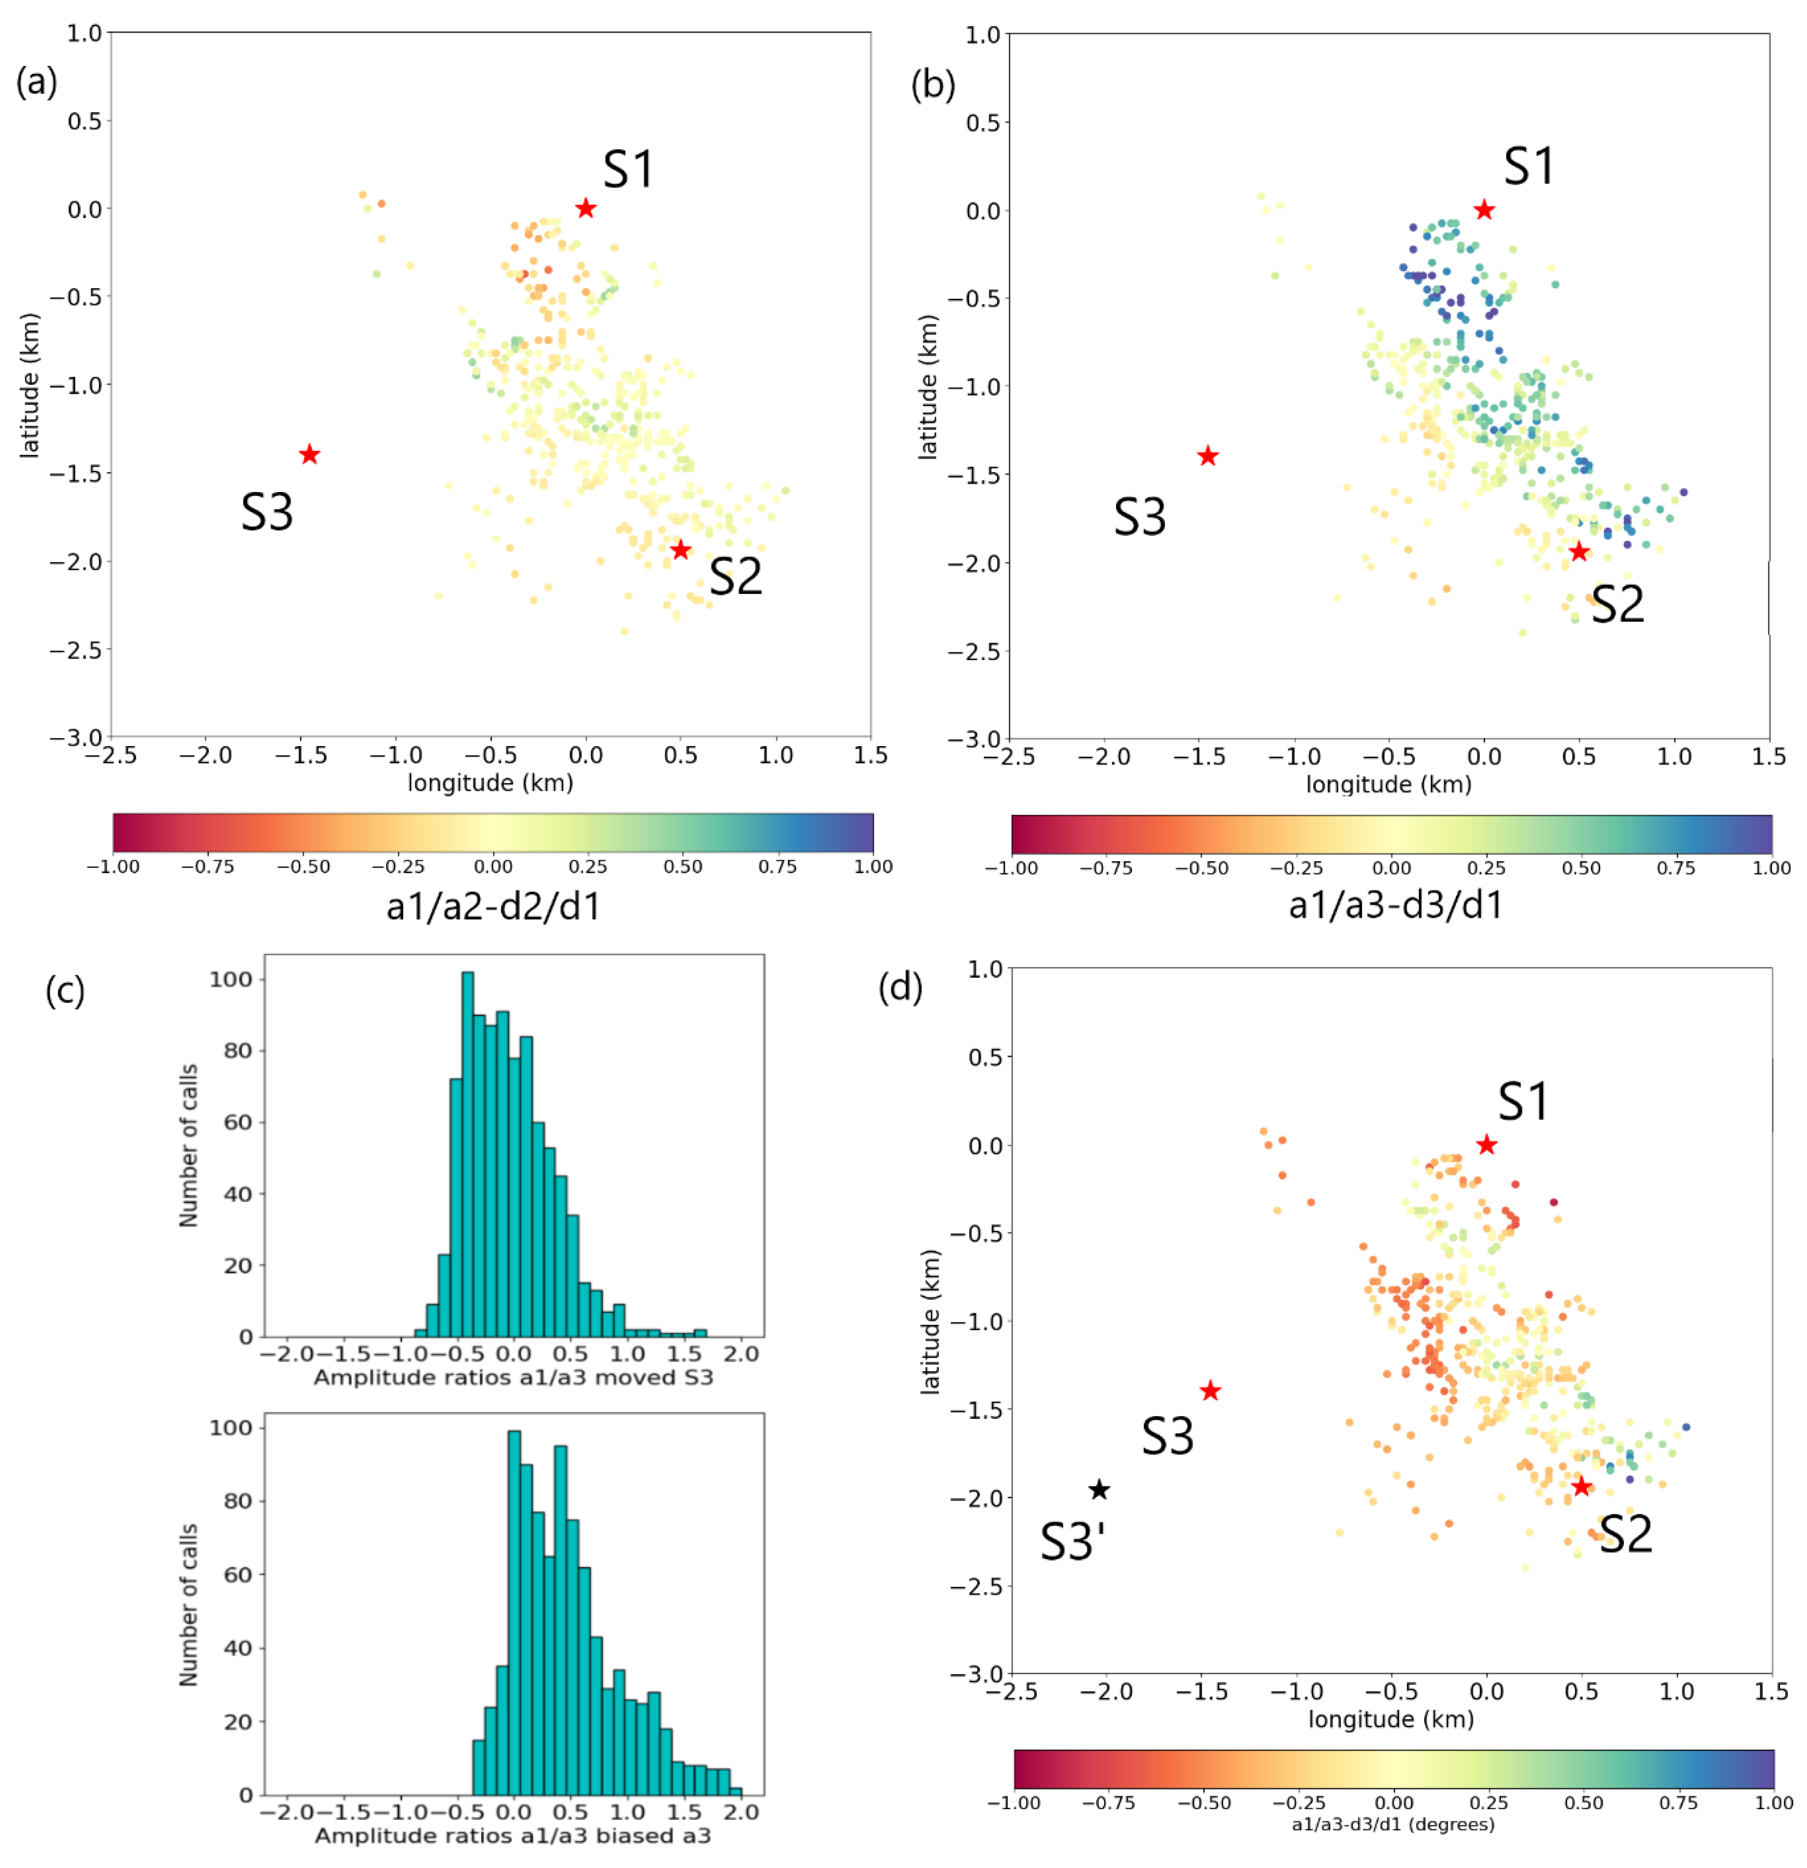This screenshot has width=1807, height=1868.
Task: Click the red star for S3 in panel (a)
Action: point(309,455)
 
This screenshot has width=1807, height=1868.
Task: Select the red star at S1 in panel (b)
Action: point(1484,210)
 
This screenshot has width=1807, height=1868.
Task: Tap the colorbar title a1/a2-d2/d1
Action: point(493,905)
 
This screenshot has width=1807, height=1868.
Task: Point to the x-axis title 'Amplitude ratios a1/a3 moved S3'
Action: point(513,1377)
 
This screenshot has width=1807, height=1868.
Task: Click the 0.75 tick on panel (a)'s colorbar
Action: point(777,866)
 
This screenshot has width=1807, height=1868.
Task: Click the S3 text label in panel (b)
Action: point(1140,517)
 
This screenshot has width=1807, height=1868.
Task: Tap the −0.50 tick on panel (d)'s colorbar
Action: point(1204,1802)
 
